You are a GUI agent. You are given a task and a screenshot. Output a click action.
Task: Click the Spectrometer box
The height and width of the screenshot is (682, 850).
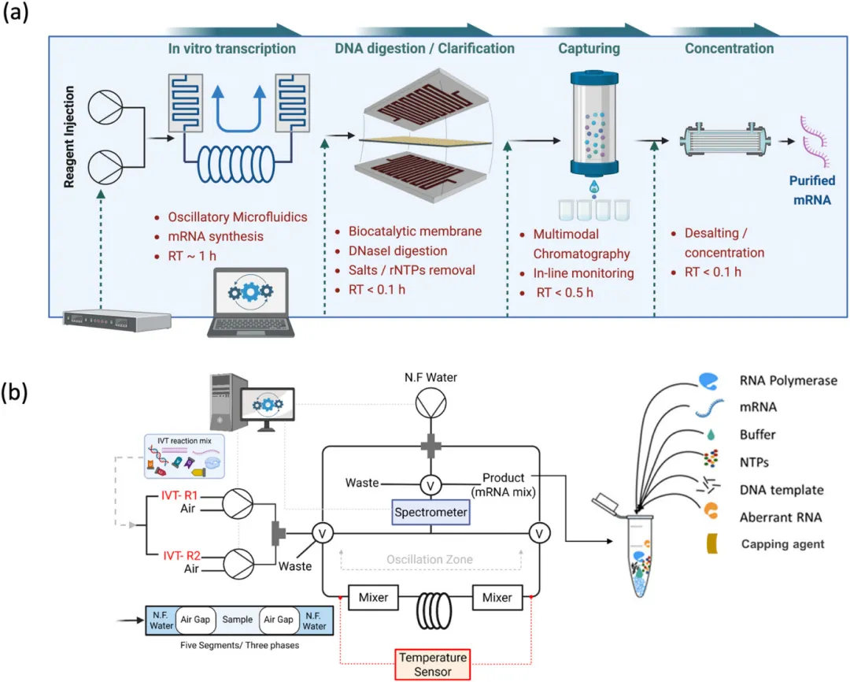[432, 512]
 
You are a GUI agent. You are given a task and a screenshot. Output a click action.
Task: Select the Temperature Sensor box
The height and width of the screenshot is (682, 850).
[432, 664]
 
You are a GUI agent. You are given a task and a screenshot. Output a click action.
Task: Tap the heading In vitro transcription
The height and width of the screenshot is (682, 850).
[232, 49]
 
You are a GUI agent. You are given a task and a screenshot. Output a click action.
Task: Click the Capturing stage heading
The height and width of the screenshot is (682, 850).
[589, 49]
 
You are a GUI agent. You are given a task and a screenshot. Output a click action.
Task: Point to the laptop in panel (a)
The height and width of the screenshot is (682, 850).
[246, 303]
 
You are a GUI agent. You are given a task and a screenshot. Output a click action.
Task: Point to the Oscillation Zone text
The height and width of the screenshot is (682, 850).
[430, 559]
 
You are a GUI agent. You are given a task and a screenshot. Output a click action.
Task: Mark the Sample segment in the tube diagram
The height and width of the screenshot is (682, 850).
[237, 620]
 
